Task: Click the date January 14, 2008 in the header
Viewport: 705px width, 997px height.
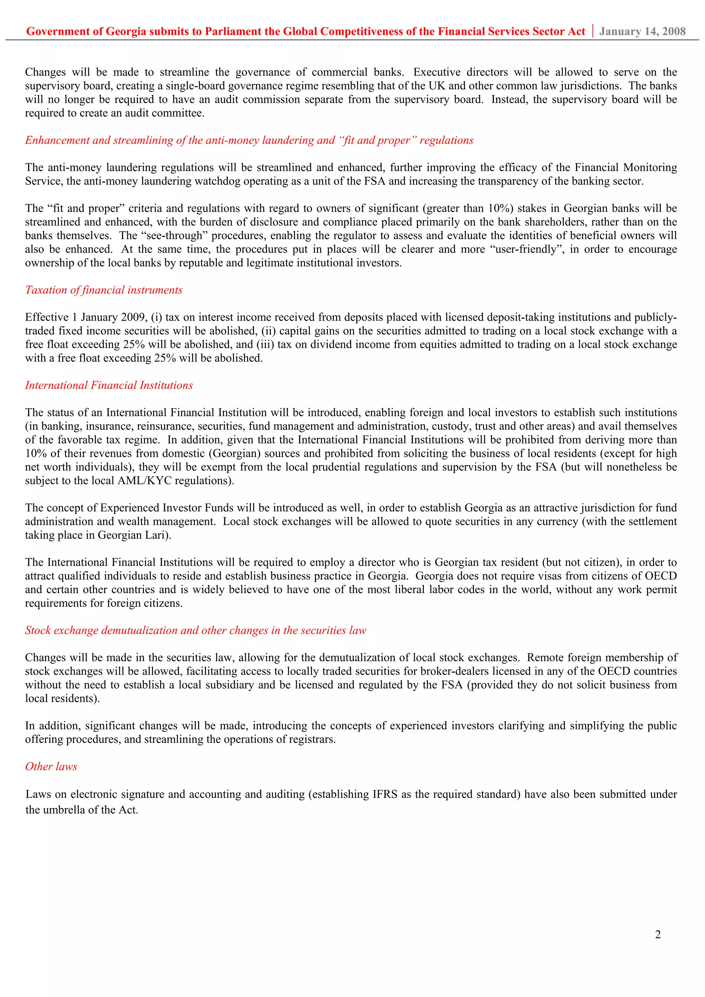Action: [x=642, y=31]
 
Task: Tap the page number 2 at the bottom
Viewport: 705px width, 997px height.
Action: [x=657, y=934]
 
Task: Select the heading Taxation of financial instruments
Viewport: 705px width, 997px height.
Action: [x=104, y=290]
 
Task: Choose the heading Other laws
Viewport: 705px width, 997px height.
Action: [x=51, y=766]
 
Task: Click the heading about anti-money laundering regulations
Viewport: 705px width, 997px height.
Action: [x=249, y=140]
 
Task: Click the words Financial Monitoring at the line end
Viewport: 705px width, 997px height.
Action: [x=625, y=168]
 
